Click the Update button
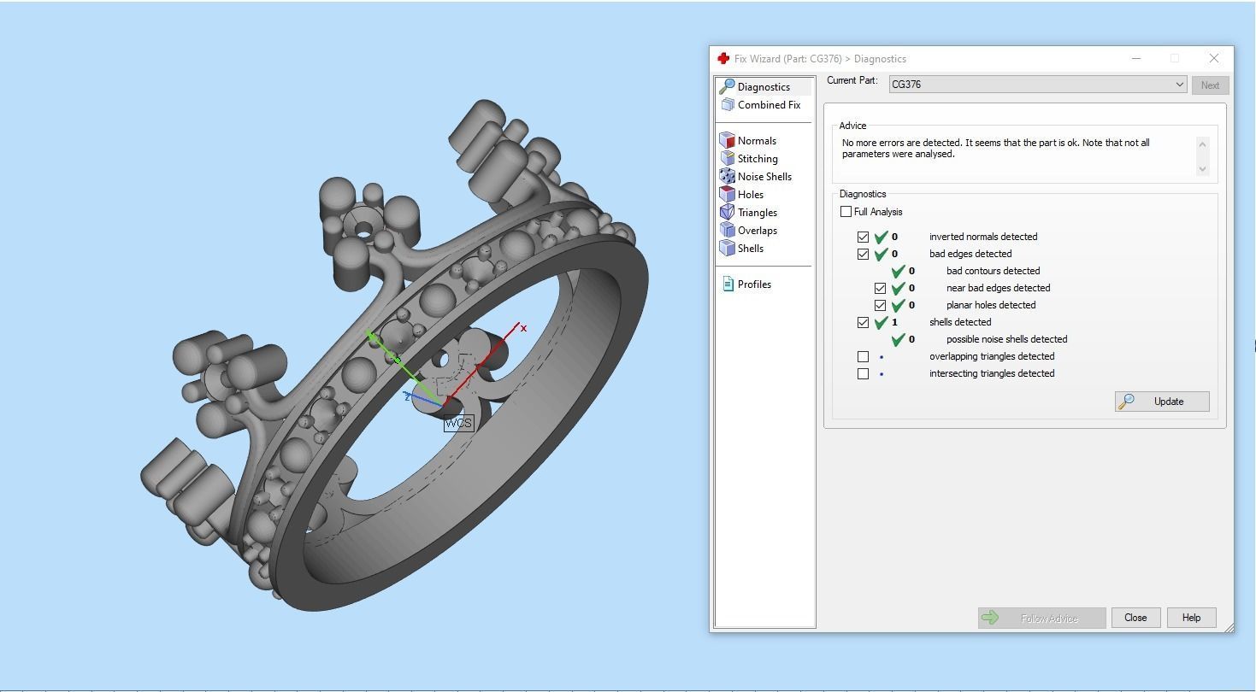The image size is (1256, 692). click(x=1162, y=402)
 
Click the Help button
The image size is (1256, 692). click(x=1191, y=618)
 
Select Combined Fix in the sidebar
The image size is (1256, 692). click(x=769, y=105)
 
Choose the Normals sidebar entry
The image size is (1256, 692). click(x=757, y=141)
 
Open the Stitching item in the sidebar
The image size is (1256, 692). click(x=758, y=159)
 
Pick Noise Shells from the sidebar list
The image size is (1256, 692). click(x=764, y=177)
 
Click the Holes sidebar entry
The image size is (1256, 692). click(x=750, y=195)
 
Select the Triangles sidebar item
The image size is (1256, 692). click(x=757, y=213)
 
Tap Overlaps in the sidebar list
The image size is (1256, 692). click(x=757, y=231)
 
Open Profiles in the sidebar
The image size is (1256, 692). click(x=754, y=284)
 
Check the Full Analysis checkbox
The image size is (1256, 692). click(x=846, y=212)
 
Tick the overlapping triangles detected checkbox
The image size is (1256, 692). click(x=864, y=356)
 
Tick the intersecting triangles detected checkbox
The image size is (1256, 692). click(x=864, y=373)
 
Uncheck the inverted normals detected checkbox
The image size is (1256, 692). click(x=864, y=237)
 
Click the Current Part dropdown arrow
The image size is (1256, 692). click(x=1179, y=85)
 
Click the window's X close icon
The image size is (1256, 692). click(x=1214, y=58)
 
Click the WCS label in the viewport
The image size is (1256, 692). click(x=458, y=423)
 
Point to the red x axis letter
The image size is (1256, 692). click(x=523, y=328)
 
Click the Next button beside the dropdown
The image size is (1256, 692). click(x=1210, y=85)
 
